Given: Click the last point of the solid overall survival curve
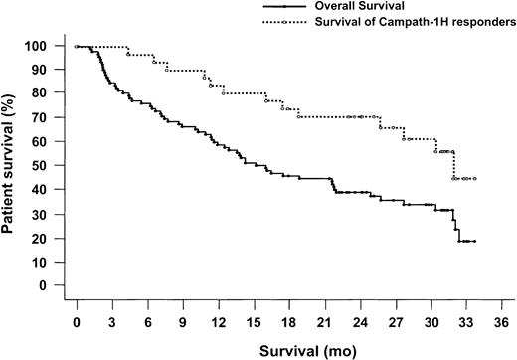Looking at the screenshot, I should [475, 241].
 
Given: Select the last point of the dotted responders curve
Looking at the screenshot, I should [475, 179].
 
